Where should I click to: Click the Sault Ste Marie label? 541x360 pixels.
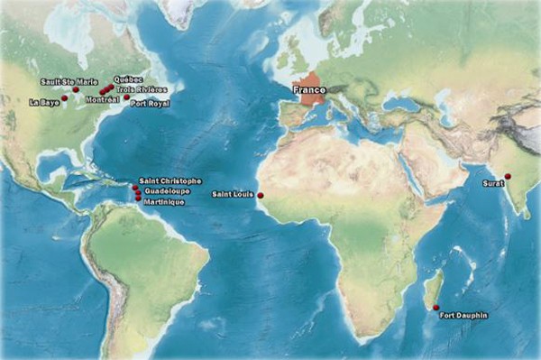pyautogui.click(x=69, y=81)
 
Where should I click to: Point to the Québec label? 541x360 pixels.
pyautogui.click(x=129, y=80)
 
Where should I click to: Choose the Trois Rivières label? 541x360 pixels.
pyautogui.click(x=142, y=90)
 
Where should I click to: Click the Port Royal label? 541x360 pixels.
pyautogui.click(x=150, y=104)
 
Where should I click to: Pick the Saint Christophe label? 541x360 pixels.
pyautogui.click(x=171, y=181)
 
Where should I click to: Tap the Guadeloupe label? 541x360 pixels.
pyautogui.click(x=165, y=191)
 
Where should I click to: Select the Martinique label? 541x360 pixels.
pyautogui.click(x=164, y=201)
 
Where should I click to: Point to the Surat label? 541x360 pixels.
pyautogui.click(x=491, y=184)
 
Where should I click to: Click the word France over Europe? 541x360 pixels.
pyautogui.click(x=308, y=91)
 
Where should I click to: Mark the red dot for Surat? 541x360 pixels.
pyautogui.click(x=508, y=176)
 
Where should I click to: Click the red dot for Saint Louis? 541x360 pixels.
pyautogui.click(x=261, y=195)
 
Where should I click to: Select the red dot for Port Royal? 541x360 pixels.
pyautogui.click(x=127, y=97)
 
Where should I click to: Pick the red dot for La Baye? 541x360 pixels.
pyautogui.click(x=65, y=97)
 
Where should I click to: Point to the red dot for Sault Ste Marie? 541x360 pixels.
pyautogui.click(x=76, y=89)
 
